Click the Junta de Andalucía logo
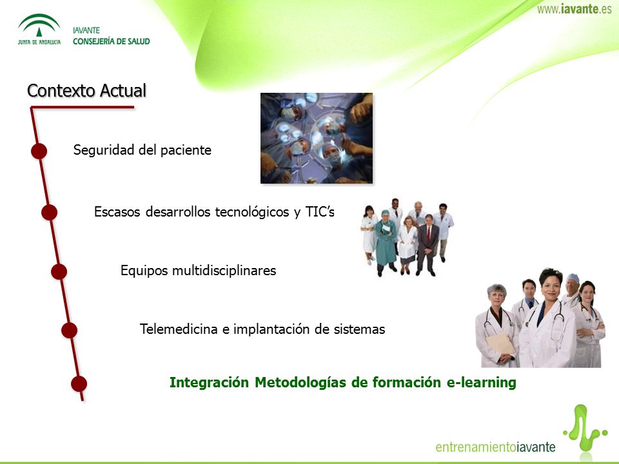39,29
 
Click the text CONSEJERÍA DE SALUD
112,41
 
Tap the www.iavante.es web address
574,9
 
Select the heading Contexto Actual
87,90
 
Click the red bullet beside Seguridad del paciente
39,151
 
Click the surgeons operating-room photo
317,138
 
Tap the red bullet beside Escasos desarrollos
50,212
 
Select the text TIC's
320,211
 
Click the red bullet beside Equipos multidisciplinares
59,272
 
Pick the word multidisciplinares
224,271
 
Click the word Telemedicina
179,329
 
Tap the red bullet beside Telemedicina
69,330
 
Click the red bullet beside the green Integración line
79,384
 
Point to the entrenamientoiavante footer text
495,447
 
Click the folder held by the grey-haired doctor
500,344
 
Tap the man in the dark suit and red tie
427,245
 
